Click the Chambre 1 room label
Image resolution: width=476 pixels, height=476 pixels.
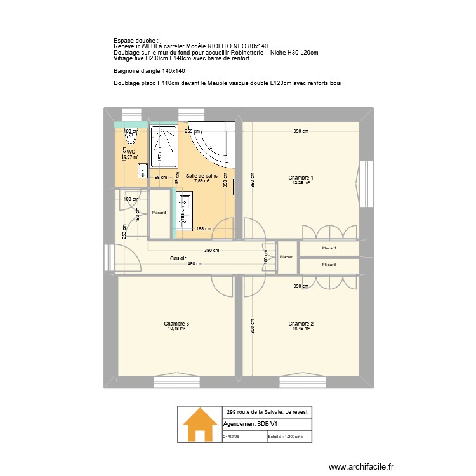click(x=301, y=178)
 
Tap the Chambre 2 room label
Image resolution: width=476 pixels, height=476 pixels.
click(x=301, y=324)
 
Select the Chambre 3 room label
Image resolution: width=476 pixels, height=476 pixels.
click(x=176, y=324)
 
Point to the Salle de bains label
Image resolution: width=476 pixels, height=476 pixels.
click(x=202, y=175)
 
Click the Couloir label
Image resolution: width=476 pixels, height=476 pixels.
click(x=178, y=258)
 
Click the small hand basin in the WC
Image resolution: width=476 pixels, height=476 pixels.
click(x=143, y=169)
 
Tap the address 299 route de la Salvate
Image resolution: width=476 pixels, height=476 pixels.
click(x=267, y=412)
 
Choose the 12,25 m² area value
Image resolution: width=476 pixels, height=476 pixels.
click(x=301, y=183)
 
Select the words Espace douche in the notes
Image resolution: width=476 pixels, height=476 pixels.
click(x=127, y=40)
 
